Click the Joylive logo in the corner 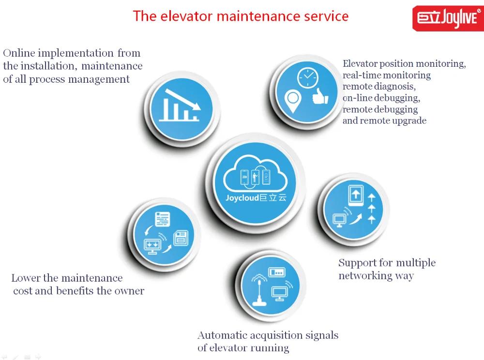click(x=448, y=18)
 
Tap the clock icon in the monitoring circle click(x=307, y=77)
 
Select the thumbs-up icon click(x=320, y=96)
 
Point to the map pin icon click(x=293, y=101)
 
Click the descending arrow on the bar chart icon click(x=183, y=99)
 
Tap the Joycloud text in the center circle click(x=242, y=198)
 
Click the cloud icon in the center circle click(x=255, y=174)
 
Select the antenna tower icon click(x=259, y=289)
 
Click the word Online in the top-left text click(x=19, y=53)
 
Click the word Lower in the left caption click(x=26, y=278)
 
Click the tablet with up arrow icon click(x=356, y=195)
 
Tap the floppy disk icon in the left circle click(x=181, y=239)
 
